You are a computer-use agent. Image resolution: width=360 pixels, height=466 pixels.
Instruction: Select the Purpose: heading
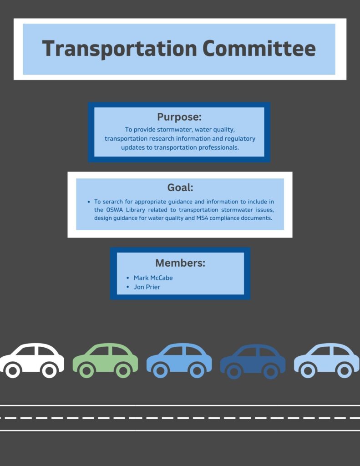point(179,117)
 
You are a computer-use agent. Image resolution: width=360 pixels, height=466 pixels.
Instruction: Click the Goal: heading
point(180,187)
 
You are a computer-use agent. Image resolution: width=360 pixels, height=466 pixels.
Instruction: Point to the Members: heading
point(180,263)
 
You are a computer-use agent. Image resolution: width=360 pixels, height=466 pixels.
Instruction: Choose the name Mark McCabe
point(153,278)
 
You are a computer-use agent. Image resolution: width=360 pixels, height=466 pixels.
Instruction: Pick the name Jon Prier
point(147,287)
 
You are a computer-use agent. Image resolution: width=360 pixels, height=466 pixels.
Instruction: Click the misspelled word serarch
point(112,202)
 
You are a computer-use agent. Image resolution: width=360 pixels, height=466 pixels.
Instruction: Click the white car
point(32,360)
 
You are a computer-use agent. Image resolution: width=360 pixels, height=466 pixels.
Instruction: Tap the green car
point(105,360)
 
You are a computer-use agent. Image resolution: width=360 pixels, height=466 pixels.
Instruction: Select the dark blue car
point(253,361)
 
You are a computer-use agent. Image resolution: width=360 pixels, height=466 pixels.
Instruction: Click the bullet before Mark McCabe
point(128,278)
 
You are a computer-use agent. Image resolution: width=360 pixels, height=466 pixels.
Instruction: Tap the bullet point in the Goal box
point(89,202)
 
